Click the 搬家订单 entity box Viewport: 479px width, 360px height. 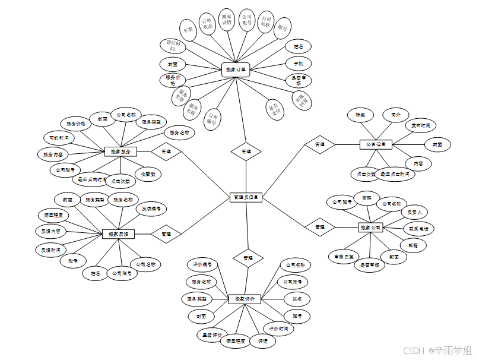click(236, 70)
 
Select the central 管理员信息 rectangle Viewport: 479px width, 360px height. click(246, 197)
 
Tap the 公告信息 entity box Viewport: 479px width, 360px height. click(376, 144)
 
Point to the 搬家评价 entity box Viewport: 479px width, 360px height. click(245, 299)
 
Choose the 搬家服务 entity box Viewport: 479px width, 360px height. click(120, 151)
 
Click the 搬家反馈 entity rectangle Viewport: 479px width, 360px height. click(119, 235)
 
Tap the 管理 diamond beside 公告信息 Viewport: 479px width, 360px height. click(320, 144)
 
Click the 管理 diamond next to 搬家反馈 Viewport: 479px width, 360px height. click(166, 234)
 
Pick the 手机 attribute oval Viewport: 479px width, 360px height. click(299, 63)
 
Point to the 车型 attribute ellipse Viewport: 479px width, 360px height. click(189, 29)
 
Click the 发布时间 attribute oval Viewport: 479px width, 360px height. click(421, 126)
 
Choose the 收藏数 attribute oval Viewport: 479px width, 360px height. click(148, 174)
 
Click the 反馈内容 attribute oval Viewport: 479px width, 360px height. click(50, 230)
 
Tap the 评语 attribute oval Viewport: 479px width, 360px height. click(262, 341)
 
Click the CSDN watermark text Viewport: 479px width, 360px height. click(415, 350)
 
